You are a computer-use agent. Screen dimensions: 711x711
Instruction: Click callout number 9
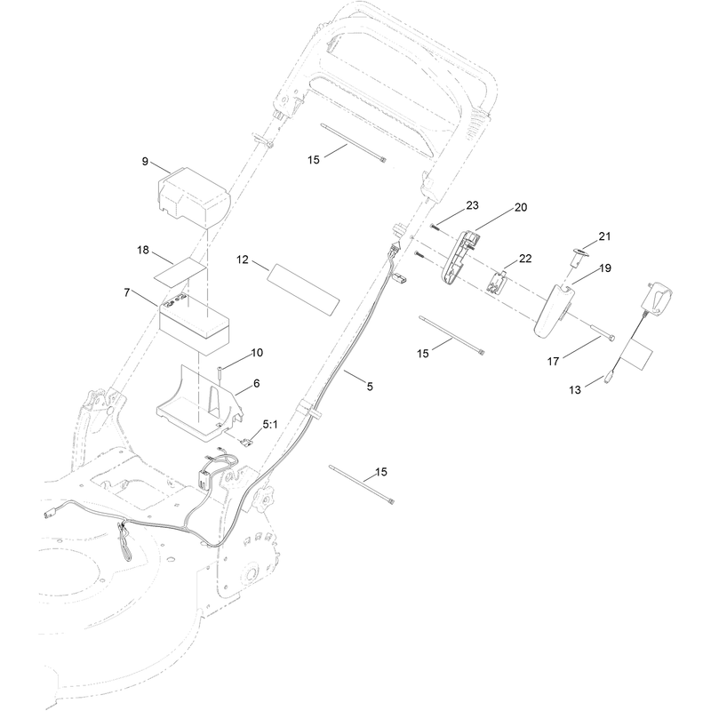click(145, 162)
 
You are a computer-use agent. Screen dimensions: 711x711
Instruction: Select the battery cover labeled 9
click(194, 196)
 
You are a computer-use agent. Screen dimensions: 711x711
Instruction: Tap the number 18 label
click(143, 251)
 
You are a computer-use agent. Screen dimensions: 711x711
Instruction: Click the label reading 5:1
click(270, 425)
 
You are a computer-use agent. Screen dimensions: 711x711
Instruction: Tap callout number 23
click(472, 205)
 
